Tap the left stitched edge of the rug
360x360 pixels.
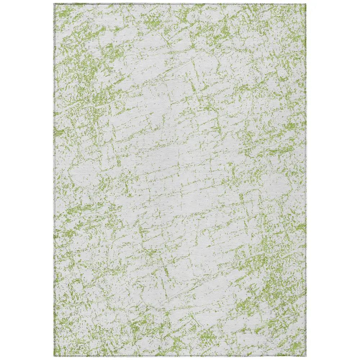pos(55,180)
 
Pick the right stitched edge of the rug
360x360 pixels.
pos(306,180)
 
